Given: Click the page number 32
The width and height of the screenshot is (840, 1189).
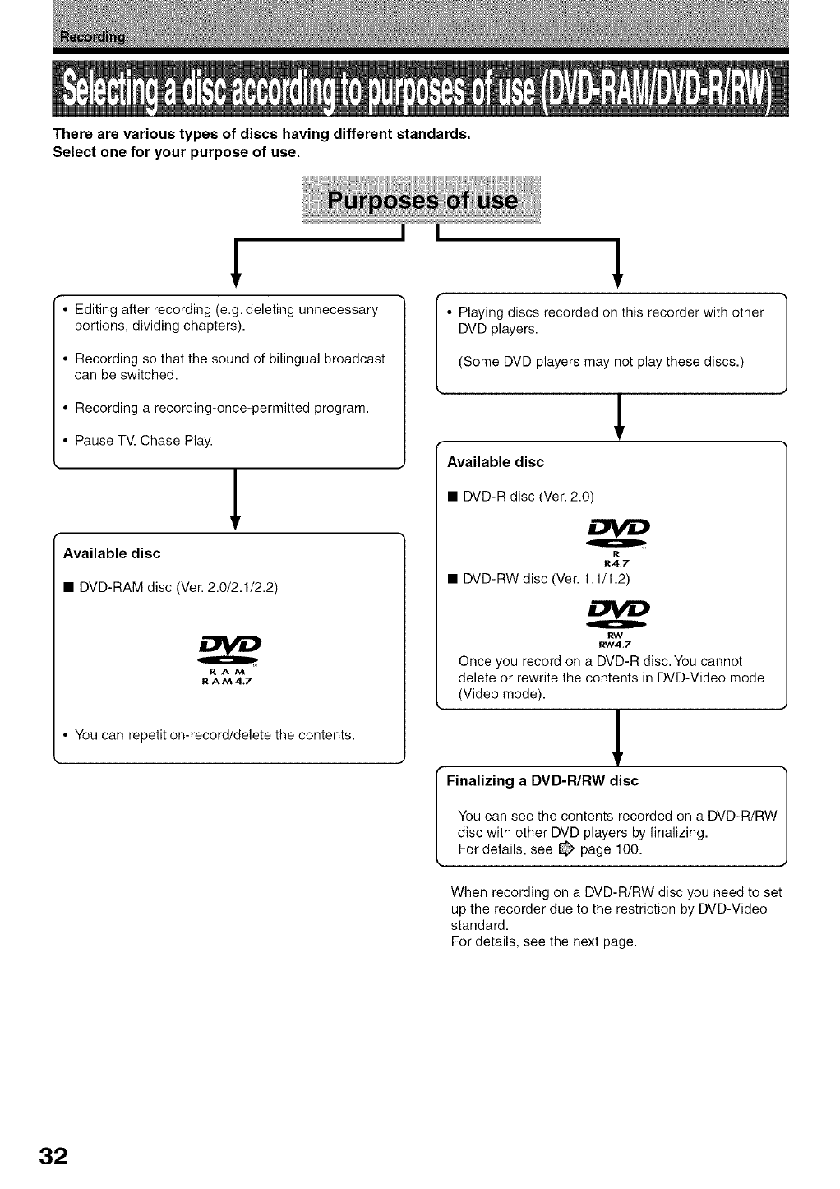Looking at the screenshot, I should (x=48, y=1154).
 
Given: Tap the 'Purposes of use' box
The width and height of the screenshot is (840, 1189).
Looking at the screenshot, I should (x=422, y=201).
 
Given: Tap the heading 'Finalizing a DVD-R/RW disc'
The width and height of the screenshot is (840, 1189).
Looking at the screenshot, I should (x=542, y=780).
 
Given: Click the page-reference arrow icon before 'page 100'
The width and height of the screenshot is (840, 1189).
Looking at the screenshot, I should (x=565, y=849).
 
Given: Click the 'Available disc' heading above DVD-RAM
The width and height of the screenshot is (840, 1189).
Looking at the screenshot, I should (x=112, y=553).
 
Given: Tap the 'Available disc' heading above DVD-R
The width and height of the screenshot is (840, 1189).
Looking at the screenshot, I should (x=495, y=462).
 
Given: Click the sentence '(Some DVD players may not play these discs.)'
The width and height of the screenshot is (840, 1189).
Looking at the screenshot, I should (x=601, y=362).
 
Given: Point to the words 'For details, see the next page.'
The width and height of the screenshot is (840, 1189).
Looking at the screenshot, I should (x=544, y=942).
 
